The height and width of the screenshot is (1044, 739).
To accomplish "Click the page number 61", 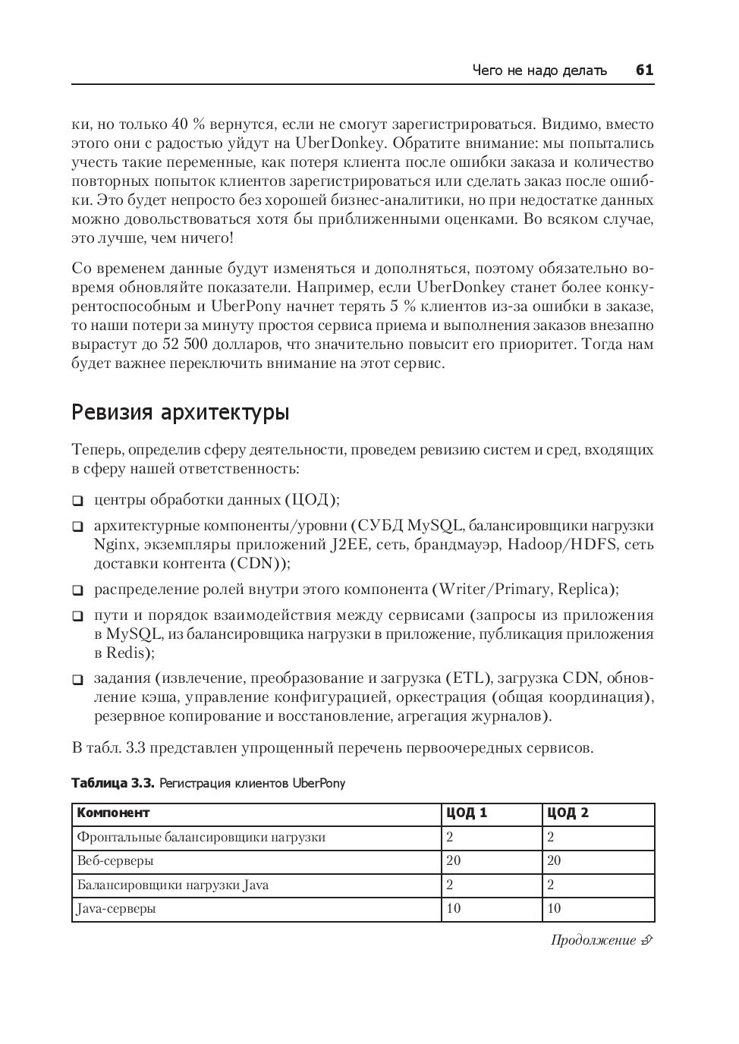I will tap(644, 71).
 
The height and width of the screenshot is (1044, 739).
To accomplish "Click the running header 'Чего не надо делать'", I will tap(539, 71).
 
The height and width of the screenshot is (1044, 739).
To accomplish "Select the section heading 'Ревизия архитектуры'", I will tap(181, 414).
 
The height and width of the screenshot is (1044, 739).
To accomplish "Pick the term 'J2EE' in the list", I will tap(349, 545).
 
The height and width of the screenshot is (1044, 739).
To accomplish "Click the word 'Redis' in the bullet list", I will tap(124, 652).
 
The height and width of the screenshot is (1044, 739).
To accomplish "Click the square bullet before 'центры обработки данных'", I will tap(77, 501).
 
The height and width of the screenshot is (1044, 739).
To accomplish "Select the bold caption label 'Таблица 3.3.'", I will tap(113, 783).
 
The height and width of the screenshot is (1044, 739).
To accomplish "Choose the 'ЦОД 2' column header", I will tap(568, 813).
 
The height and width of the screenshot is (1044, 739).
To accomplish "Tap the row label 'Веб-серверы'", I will tap(115, 861).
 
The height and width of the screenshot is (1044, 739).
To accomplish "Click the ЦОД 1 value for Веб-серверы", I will tap(453, 861).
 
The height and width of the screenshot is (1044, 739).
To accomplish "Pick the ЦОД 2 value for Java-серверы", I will tap(554, 909).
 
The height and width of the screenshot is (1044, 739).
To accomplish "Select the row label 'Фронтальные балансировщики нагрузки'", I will tap(201, 838).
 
